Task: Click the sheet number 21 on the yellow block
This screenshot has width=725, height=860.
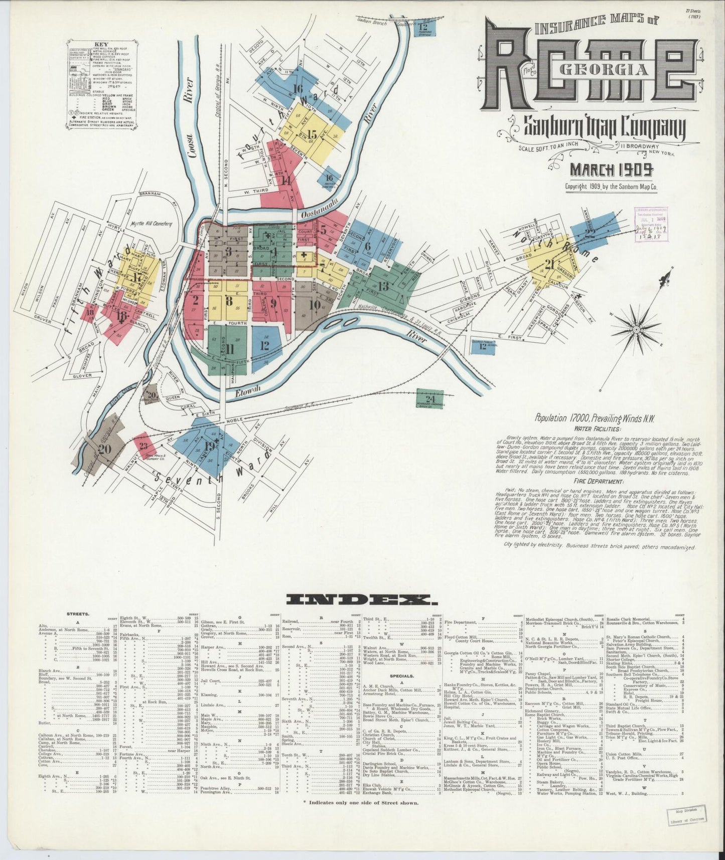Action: click(x=549, y=264)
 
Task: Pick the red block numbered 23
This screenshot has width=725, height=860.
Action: click(x=143, y=445)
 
